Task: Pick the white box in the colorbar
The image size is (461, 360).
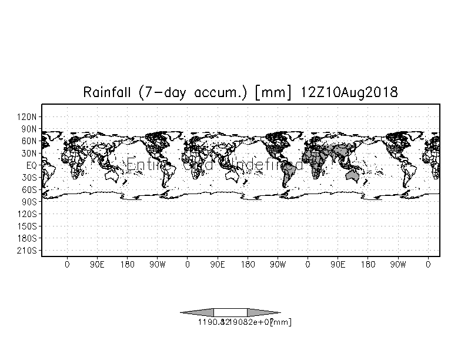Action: [x=230, y=312]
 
